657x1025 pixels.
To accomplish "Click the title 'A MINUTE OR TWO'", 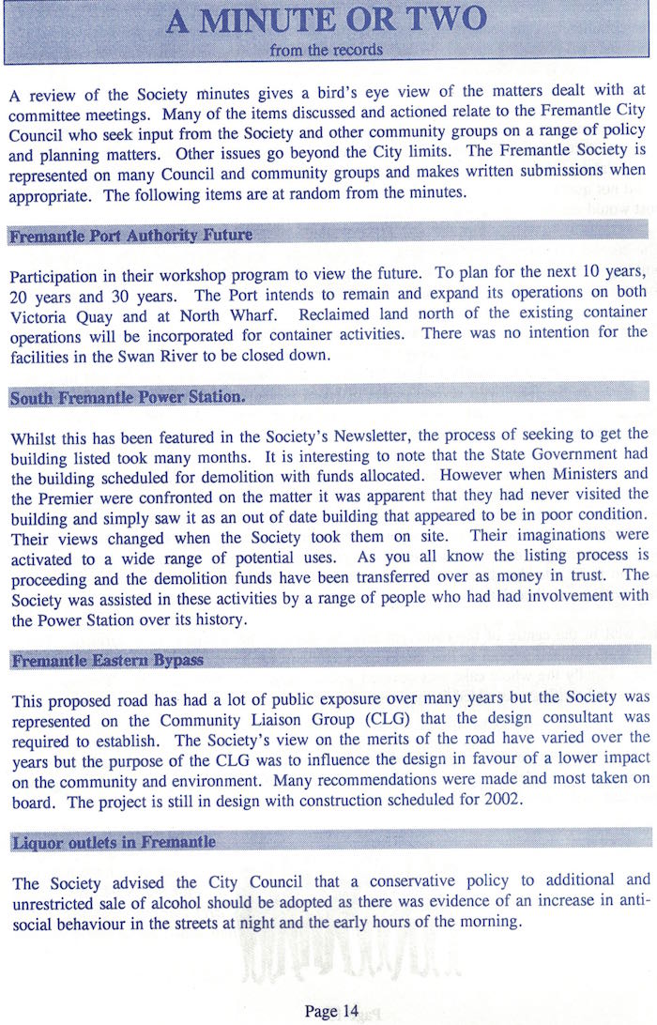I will click(x=326, y=21).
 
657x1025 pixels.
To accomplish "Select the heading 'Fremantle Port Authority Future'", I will click(x=130, y=235).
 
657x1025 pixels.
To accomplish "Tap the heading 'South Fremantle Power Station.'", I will click(x=128, y=397).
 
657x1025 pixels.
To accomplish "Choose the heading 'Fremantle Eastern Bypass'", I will click(x=108, y=661).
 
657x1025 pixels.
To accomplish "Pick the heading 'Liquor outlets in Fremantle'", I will click(x=114, y=842).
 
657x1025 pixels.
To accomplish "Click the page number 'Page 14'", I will click(x=331, y=1010).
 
